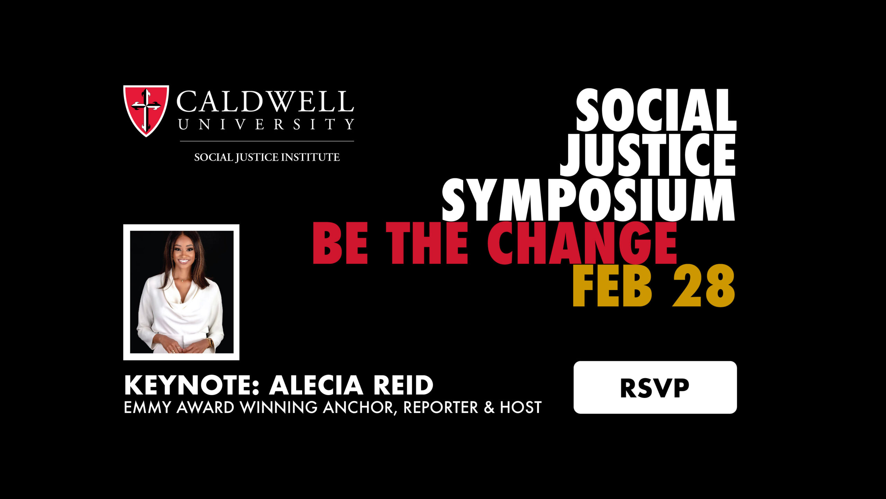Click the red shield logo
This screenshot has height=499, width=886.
146,111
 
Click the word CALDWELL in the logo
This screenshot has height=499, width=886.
265,102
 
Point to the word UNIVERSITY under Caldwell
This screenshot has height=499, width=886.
266,124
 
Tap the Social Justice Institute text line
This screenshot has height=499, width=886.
267,157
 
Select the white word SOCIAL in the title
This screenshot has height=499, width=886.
656,110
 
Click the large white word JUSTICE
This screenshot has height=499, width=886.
648,155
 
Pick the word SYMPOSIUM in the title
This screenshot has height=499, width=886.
588,200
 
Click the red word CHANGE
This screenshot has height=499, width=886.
582,243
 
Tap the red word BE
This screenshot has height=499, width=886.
340,243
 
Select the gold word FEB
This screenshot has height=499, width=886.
612,286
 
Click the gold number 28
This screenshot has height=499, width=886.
704,286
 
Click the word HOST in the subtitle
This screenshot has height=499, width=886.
521,408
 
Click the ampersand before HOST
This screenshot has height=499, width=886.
489,408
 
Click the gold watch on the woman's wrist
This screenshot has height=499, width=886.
210,342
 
